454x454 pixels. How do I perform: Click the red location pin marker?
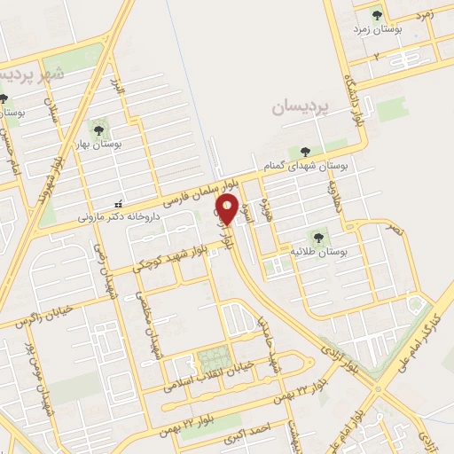pyautogui.click(x=227, y=211)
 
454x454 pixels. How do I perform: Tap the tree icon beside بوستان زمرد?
pyautogui.click(x=376, y=15)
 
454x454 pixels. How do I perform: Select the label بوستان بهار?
pyautogui.click(x=123, y=142)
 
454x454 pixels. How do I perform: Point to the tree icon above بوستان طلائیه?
pyautogui.click(x=317, y=237)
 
